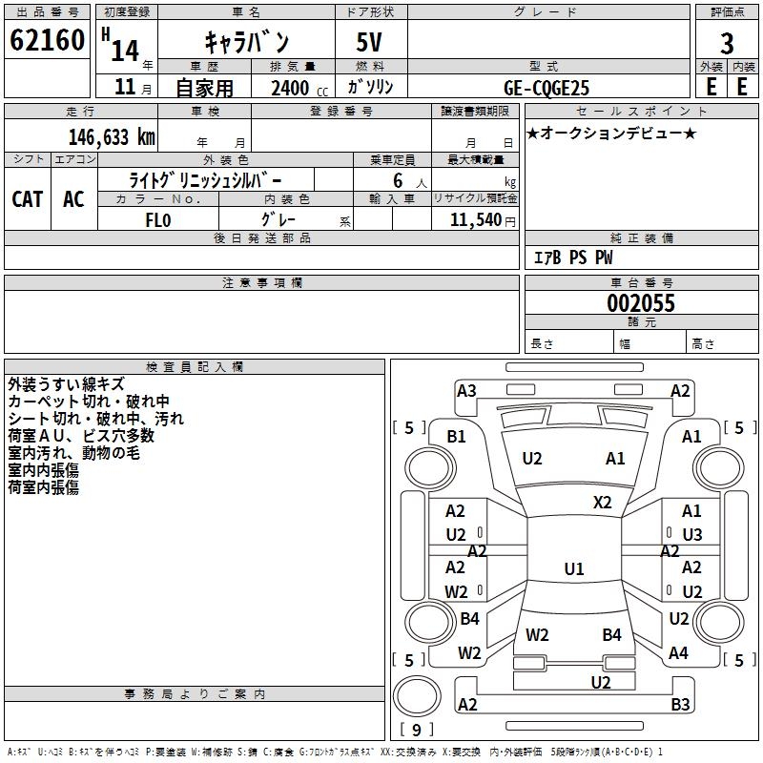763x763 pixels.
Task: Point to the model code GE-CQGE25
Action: [546, 88]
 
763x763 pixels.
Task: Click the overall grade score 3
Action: [727, 43]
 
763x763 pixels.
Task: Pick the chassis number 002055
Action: [641, 303]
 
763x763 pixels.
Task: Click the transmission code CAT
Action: [28, 198]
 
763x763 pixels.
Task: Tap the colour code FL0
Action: [157, 220]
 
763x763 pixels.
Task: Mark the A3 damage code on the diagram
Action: [466, 390]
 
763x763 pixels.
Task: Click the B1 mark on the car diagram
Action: [457, 436]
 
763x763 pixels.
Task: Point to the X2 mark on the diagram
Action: [603, 502]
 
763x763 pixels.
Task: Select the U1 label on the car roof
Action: [573, 569]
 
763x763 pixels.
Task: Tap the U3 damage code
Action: [691, 534]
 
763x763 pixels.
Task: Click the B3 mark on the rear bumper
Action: [680, 705]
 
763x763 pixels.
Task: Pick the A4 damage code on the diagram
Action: [678, 653]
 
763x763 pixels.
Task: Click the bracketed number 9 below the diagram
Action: [416, 730]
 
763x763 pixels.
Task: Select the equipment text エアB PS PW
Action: [572, 258]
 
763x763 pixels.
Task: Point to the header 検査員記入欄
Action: [195, 366]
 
